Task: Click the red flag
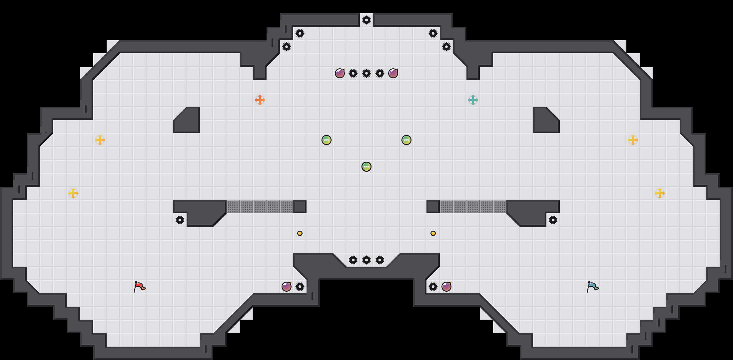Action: click(139, 287)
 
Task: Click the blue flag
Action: click(592, 287)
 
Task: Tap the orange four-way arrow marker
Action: click(260, 100)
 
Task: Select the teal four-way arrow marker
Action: click(473, 100)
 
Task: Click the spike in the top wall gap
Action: click(366, 20)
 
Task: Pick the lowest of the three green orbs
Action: click(366, 167)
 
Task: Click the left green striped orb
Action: click(327, 140)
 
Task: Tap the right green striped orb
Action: click(406, 140)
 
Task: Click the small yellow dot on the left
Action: click(300, 233)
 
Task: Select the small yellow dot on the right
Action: click(433, 233)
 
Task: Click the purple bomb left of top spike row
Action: click(340, 73)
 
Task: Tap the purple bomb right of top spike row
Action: click(393, 73)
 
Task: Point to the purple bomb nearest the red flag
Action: click(287, 287)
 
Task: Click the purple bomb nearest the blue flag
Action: click(446, 287)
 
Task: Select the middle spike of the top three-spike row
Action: click(366, 73)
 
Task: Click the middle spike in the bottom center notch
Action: click(366, 260)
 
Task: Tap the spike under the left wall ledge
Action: click(180, 220)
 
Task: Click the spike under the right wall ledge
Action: click(553, 220)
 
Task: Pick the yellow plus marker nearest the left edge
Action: click(73, 193)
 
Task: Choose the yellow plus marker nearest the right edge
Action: click(660, 193)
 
